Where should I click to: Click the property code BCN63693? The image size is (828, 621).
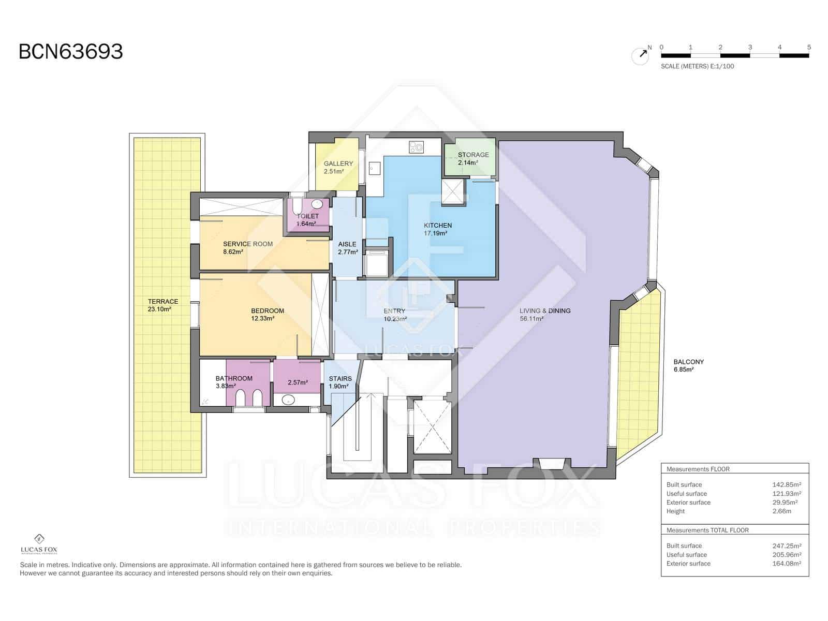tap(71, 52)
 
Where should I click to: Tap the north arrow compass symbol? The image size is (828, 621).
tap(640, 55)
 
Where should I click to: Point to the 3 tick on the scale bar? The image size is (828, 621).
tap(750, 48)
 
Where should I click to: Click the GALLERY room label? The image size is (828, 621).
tap(338, 164)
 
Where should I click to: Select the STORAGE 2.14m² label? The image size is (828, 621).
tap(472, 158)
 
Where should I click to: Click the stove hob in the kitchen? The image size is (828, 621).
tap(416, 147)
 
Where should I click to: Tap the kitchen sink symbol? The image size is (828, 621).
tap(375, 169)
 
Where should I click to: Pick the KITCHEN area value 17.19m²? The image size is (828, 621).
tap(435, 233)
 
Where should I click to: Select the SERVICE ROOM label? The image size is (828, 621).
tap(247, 244)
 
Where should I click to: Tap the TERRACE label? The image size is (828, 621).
tap(162, 301)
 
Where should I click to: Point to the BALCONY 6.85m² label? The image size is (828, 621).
tap(688, 365)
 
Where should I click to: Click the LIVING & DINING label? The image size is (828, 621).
tap(544, 310)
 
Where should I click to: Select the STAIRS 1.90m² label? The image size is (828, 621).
tap(340, 382)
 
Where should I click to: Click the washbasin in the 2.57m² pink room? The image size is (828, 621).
tap(288, 400)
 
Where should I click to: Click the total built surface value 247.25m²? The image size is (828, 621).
tap(787, 545)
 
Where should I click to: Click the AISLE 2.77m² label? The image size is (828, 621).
tap(347, 248)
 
